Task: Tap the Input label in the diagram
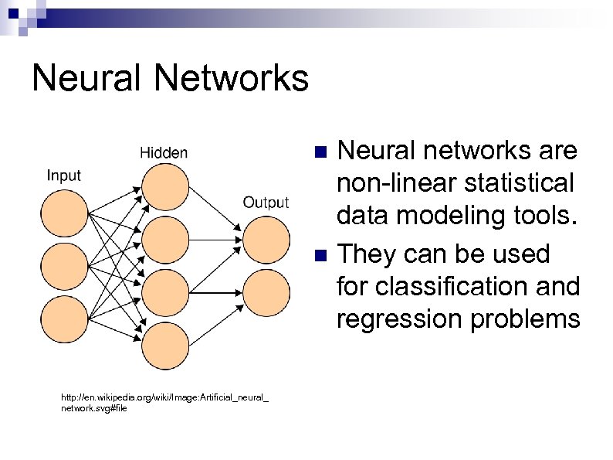(63, 175)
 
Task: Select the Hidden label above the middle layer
(163, 152)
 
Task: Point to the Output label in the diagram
(266, 203)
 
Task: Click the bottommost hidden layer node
(164, 346)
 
